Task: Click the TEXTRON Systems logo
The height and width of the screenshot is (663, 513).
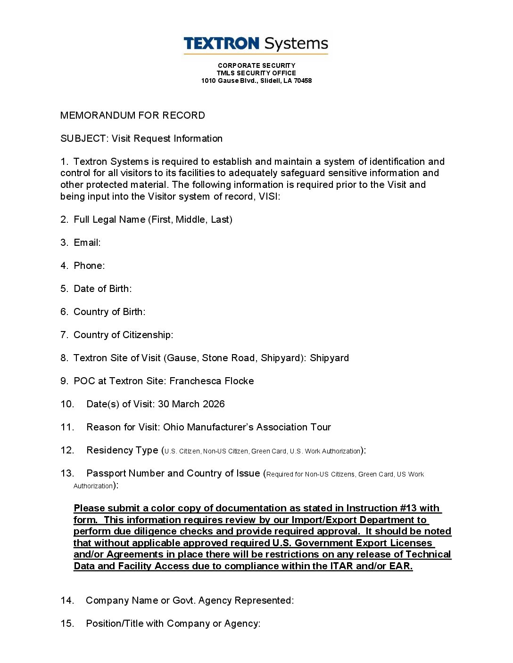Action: (x=256, y=44)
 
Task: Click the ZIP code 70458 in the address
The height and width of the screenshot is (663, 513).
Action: (x=303, y=81)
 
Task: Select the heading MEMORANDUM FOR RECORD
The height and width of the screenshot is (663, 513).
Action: (x=132, y=115)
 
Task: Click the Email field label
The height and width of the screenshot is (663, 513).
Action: (x=87, y=243)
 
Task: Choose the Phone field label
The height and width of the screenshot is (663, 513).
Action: (x=89, y=266)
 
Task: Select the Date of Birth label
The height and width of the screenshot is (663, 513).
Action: (x=102, y=289)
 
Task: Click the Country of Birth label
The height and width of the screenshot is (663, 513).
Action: (x=109, y=312)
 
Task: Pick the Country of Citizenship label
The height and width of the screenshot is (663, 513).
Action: (x=123, y=335)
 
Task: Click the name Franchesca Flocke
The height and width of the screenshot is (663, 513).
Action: (x=211, y=381)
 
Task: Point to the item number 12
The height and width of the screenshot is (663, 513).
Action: (x=67, y=450)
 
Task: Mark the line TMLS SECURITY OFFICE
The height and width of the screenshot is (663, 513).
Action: (x=256, y=73)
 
